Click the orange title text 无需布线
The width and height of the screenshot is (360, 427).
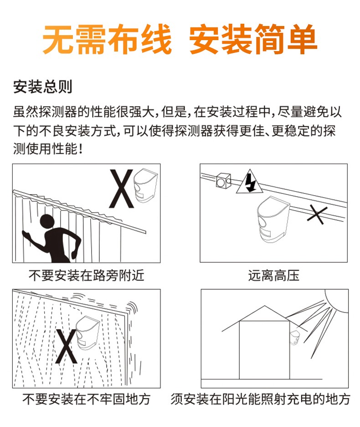click(107, 40)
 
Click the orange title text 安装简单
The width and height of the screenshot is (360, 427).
click(253, 40)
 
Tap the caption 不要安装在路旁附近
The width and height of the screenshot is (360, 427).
click(86, 276)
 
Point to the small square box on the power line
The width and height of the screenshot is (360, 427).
click(223, 181)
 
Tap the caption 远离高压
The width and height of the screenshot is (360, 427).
click(273, 276)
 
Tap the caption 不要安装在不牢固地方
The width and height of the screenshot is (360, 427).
click(86, 399)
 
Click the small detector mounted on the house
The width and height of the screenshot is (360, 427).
click(294, 337)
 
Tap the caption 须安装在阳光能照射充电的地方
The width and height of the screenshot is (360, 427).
click(261, 399)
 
